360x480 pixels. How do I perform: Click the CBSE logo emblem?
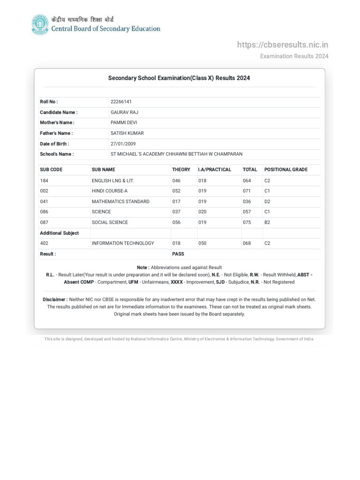pyautogui.click(x=40, y=25)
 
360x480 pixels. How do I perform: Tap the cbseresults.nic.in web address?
pyautogui.click(x=283, y=45)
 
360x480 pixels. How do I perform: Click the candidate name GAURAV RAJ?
pyautogui.click(x=124, y=112)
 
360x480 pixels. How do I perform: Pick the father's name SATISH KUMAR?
pyautogui.click(x=127, y=133)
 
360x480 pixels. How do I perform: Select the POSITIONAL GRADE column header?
pyautogui.click(x=286, y=170)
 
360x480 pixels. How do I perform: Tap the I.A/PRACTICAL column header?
pyautogui.click(x=215, y=170)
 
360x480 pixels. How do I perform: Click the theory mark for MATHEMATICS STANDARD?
pyautogui.click(x=176, y=202)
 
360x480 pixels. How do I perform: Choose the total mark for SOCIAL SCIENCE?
pyautogui.click(x=247, y=223)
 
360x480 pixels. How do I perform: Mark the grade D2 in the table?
pyautogui.click(x=267, y=202)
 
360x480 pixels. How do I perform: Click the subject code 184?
pyautogui.click(x=44, y=180)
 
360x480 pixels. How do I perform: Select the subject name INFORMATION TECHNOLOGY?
pyautogui.click(x=123, y=243)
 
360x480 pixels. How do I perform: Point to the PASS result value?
pyautogui.click(x=178, y=254)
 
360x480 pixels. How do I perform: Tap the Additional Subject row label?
pyautogui.click(x=59, y=233)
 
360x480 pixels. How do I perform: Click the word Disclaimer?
pyautogui.click(x=55, y=299)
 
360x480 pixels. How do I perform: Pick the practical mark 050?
pyautogui.click(x=202, y=243)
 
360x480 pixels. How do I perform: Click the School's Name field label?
pyautogui.click(x=57, y=154)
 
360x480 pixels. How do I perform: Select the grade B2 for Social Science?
pyautogui.click(x=267, y=223)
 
